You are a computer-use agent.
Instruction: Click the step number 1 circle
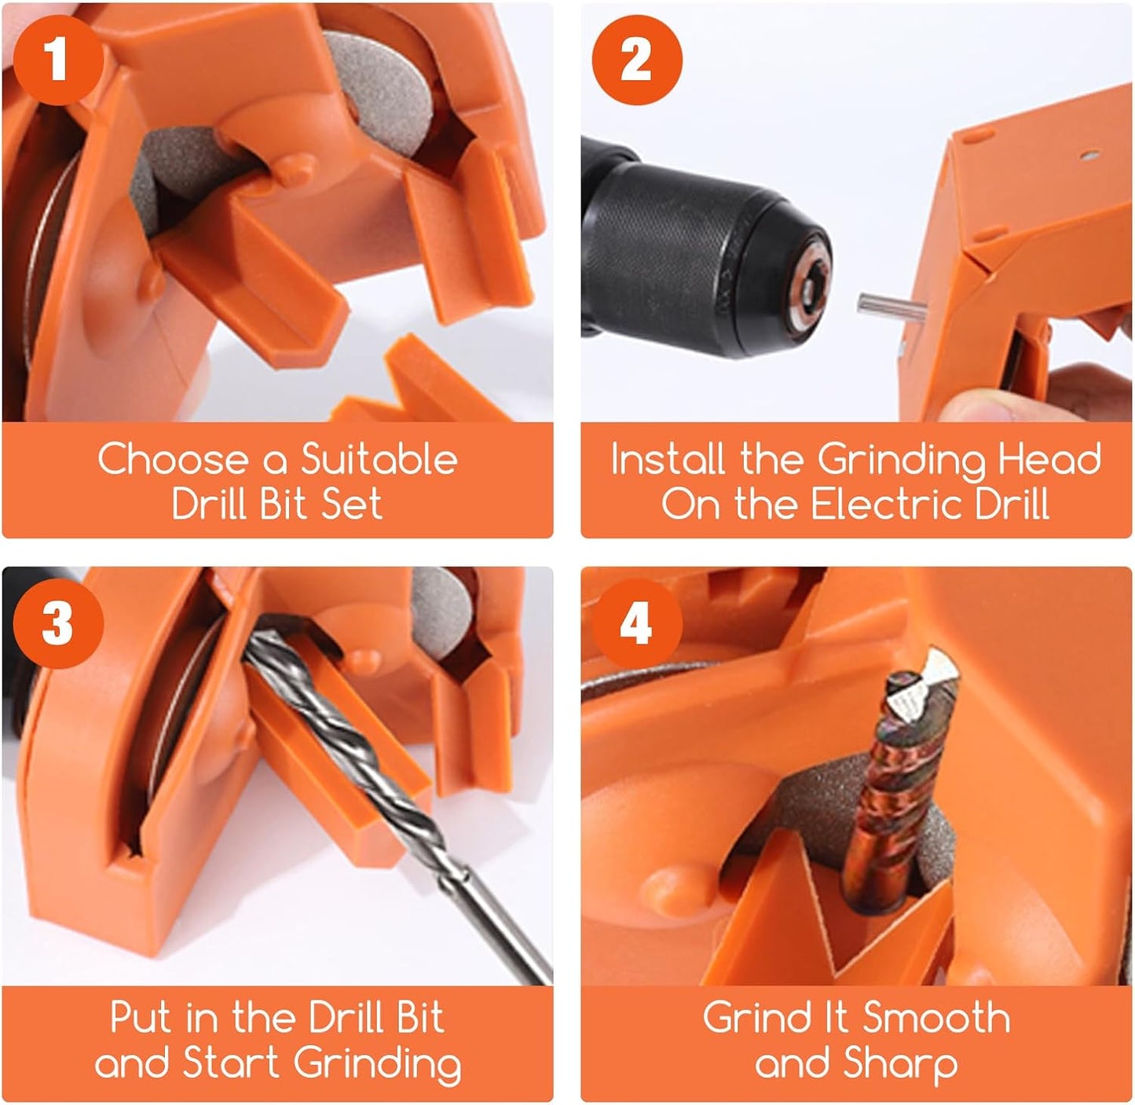tap(57, 59)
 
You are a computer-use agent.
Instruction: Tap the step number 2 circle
tap(636, 59)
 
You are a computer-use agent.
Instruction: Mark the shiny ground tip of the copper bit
tap(927, 680)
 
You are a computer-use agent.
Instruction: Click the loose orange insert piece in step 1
tap(416, 385)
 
